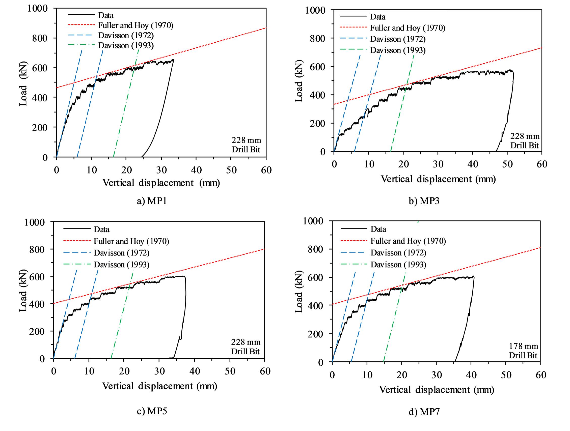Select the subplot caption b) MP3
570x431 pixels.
(424, 201)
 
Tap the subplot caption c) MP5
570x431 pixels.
(152, 411)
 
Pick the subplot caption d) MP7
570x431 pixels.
(424, 412)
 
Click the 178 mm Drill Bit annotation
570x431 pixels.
(523, 351)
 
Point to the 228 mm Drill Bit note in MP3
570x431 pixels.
(525, 141)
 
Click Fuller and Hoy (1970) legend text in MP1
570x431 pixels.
(135, 25)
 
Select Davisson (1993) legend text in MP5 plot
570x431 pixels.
(121, 265)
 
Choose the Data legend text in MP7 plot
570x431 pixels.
(378, 229)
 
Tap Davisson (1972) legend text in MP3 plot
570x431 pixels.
(398, 39)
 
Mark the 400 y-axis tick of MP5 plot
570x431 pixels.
(37, 304)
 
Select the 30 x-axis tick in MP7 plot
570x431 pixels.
(437, 375)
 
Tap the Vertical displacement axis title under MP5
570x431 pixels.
(159, 386)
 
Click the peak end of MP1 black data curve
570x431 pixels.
(173, 60)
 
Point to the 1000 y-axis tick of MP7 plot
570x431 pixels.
(313, 221)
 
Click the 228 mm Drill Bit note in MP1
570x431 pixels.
(246, 145)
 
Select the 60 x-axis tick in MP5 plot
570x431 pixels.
(265, 371)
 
